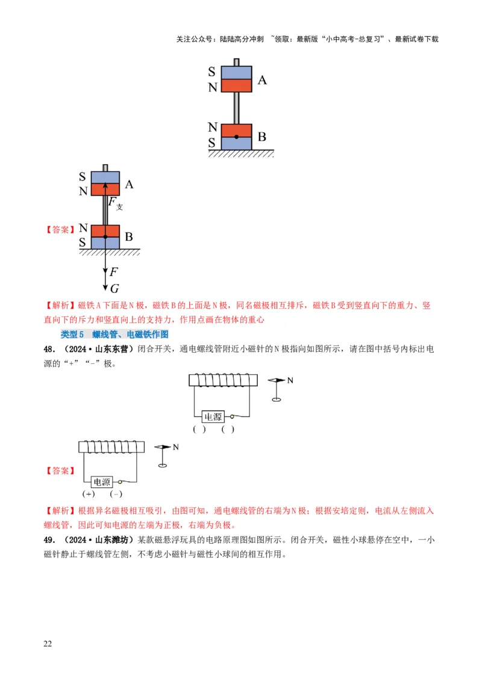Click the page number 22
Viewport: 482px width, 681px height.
point(48,644)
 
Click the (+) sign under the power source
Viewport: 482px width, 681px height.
point(89,494)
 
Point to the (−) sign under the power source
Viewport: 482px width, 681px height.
point(116,494)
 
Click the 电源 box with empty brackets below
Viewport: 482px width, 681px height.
point(213,416)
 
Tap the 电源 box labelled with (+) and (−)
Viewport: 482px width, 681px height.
point(102,482)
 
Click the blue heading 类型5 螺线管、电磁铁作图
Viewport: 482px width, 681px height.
point(114,334)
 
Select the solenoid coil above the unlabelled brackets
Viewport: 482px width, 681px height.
point(224,380)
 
